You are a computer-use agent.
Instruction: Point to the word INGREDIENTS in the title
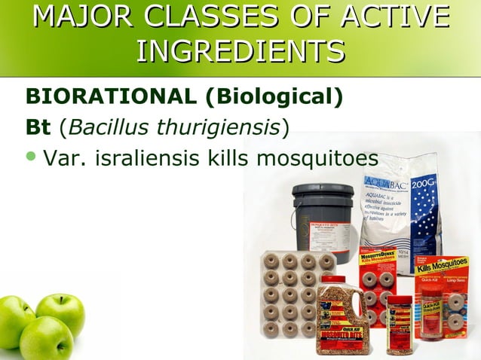point(240,51)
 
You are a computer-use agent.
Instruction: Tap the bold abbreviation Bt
point(38,128)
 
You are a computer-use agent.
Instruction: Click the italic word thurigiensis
point(219,128)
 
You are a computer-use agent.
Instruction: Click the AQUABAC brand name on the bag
point(389,182)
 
